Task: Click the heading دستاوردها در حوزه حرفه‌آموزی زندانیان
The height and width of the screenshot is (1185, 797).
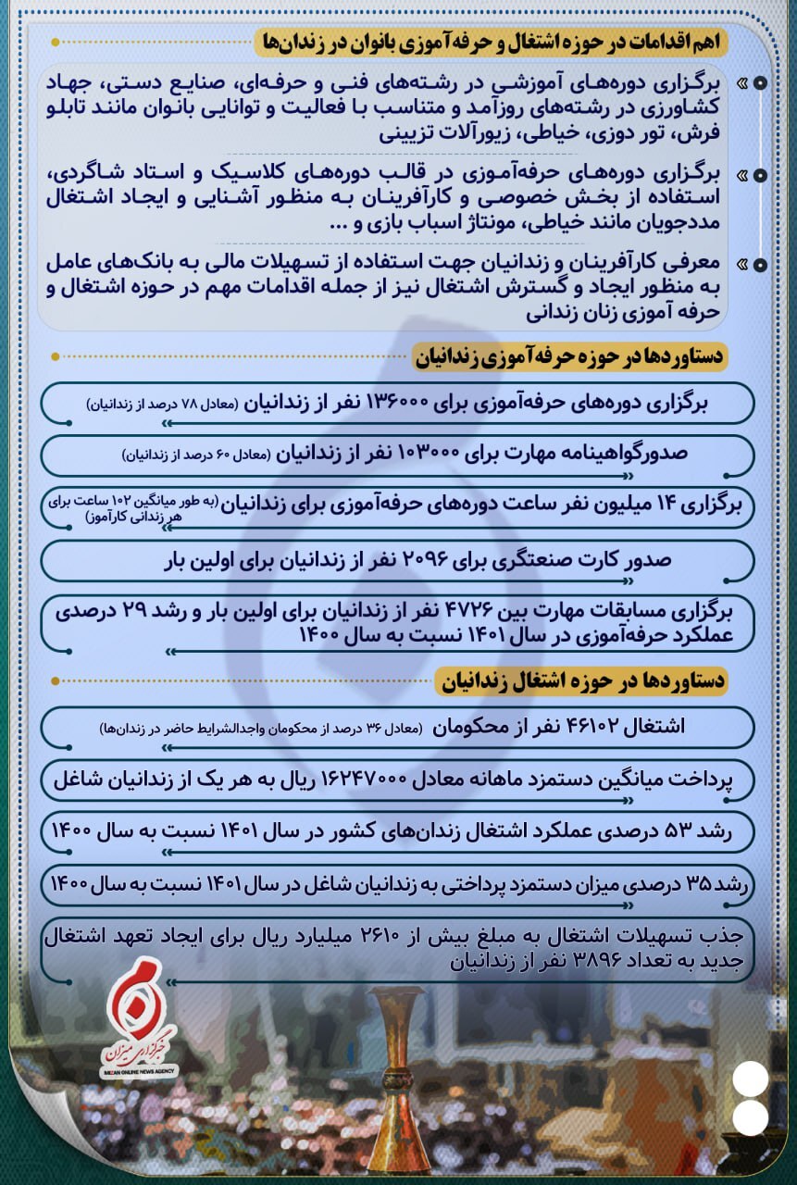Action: click(x=571, y=356)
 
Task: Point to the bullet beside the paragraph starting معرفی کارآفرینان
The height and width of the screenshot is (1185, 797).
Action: click(x=758, y=265)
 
